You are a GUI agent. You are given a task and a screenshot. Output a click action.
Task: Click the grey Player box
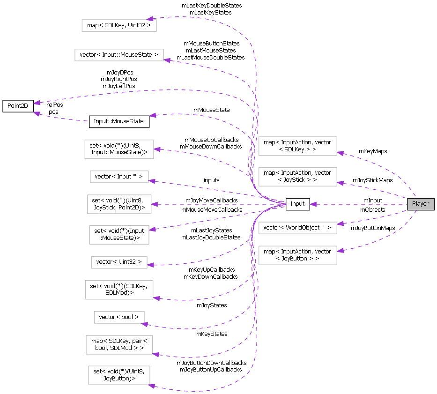point(420,204)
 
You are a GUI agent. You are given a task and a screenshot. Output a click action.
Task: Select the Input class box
point(297,204)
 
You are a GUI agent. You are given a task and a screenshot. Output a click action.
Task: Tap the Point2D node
point(18,105)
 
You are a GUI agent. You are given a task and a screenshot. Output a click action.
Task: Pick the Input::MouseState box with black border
point(119,122)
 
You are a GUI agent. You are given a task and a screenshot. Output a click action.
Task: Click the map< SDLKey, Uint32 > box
point(119,25)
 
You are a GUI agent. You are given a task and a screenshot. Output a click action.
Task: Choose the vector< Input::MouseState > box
point(119,55)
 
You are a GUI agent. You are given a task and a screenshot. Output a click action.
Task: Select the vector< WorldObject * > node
point(297,228)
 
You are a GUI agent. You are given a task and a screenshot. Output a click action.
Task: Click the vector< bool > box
point(119,317)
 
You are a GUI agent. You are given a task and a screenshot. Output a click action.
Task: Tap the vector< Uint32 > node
point(119,262)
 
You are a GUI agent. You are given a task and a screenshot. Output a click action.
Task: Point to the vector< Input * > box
point(119,177)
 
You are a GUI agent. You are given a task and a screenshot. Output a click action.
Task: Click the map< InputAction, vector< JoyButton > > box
point(297,255)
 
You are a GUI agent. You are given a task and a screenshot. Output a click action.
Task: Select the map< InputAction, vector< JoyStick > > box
point(297,177)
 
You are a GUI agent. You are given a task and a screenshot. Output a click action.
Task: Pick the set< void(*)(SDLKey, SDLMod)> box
point(119,290)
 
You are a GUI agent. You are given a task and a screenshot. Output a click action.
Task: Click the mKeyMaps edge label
point(373,151)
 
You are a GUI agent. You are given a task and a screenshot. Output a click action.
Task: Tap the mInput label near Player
point(373,201)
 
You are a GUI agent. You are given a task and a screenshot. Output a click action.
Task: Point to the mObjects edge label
point(372,210)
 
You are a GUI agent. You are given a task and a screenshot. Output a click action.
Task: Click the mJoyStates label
point(212,305)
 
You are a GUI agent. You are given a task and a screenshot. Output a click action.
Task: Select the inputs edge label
point(211,180)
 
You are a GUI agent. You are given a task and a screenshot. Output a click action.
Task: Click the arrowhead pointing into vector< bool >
point(146,324)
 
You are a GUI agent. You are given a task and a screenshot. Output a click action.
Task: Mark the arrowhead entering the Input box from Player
point(313,204)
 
